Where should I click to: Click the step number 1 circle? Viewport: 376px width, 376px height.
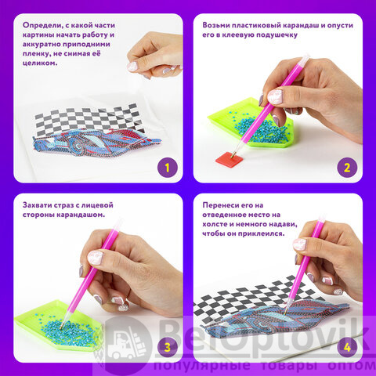[x=168, y=168]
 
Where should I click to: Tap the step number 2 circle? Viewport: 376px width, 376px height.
[x=347, y=168]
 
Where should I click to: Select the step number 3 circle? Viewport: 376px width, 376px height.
[x=168, y=348]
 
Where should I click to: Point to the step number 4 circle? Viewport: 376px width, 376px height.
[x=347, y=348]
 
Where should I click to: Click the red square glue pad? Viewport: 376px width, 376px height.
[x=230, y=159]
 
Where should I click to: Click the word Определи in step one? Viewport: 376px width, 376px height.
[x=42, y=26]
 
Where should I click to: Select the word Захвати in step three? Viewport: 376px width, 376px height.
[x=37, y=205]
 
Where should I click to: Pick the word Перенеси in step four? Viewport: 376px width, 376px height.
[x=220, y=205]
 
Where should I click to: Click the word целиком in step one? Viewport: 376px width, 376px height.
[x=40, y=63]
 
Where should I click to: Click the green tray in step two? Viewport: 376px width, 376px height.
[x=250, y=123]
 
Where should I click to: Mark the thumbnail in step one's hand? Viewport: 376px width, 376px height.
[x=132, y=67]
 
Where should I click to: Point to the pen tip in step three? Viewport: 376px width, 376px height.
[x=62, y=327]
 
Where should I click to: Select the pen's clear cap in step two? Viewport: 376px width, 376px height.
[x=305, y=60]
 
